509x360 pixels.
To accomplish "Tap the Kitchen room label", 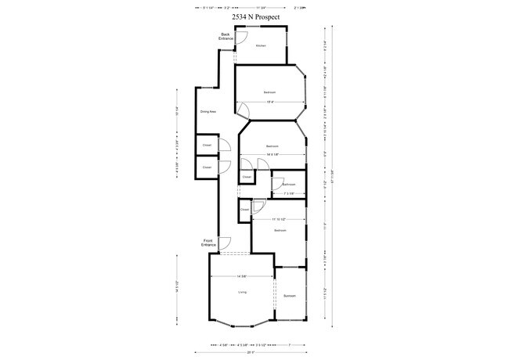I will coord(261,45).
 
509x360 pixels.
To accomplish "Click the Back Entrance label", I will coord(225,36).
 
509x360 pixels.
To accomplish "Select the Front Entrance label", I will coord(208,243).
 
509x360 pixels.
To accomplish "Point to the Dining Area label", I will coord(208,112).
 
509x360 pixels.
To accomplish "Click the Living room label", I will coord(242,292).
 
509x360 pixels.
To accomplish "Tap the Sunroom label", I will coord(289,296).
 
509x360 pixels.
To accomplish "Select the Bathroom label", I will coord(287,185).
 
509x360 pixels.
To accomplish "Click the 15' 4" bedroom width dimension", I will coord(269,103).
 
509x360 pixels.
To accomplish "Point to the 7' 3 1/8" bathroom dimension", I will coord(287,193).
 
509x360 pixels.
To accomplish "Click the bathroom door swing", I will coord(277,184).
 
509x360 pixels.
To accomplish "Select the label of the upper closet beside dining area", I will coord(207,146).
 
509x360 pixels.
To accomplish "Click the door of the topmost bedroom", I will coord(243,110).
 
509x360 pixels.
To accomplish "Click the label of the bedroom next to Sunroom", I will coord(280,232).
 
